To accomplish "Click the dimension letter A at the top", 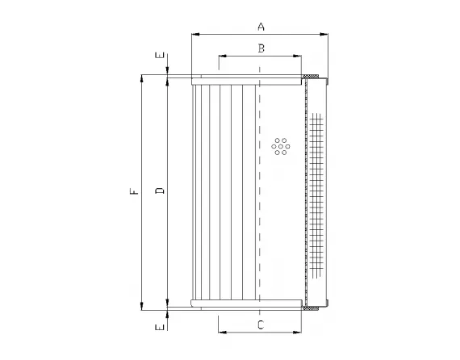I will tap(261, 26).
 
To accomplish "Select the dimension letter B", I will tap(260, 48).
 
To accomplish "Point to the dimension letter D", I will tap(159, 191).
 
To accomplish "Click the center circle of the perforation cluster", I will tap(280, 146).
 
